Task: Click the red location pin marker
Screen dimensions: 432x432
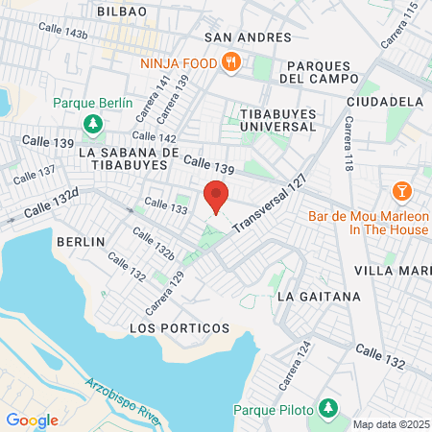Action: click(217, 196)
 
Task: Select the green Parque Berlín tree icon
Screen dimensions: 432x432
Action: click(93, 124)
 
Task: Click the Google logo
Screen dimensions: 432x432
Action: click(32, 420)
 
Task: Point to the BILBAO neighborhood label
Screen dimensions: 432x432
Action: click(122, 11)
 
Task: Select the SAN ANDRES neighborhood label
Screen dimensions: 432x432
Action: click(248, 37)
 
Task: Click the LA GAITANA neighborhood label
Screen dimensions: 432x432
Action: click(319, 297)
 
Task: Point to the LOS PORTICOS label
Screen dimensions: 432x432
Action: click(180, 328)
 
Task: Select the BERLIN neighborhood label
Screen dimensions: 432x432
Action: click(80, 242)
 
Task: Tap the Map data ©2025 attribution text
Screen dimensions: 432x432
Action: click(391, 423)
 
